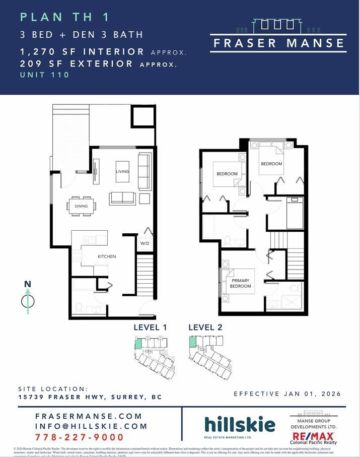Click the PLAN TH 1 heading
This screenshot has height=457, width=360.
64,17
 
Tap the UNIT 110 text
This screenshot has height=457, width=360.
44,75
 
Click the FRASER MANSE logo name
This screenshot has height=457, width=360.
278,43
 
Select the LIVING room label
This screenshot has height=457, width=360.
122,171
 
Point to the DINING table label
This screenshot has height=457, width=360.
81,206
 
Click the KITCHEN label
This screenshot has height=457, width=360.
107,256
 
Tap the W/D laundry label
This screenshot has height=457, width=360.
145,243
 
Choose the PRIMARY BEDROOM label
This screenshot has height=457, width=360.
240,283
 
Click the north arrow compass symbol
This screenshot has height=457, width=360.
28,301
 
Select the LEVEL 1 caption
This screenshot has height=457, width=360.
150,328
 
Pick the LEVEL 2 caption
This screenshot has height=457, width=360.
205,328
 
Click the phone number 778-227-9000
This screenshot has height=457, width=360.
80,437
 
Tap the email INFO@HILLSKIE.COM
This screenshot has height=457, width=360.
91,426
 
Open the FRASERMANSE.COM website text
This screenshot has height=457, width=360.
89,416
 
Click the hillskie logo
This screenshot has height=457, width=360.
240,425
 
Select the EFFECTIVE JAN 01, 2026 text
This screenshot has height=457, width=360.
287,394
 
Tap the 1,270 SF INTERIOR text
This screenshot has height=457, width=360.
82,51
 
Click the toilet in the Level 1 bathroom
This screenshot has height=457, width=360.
79,306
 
